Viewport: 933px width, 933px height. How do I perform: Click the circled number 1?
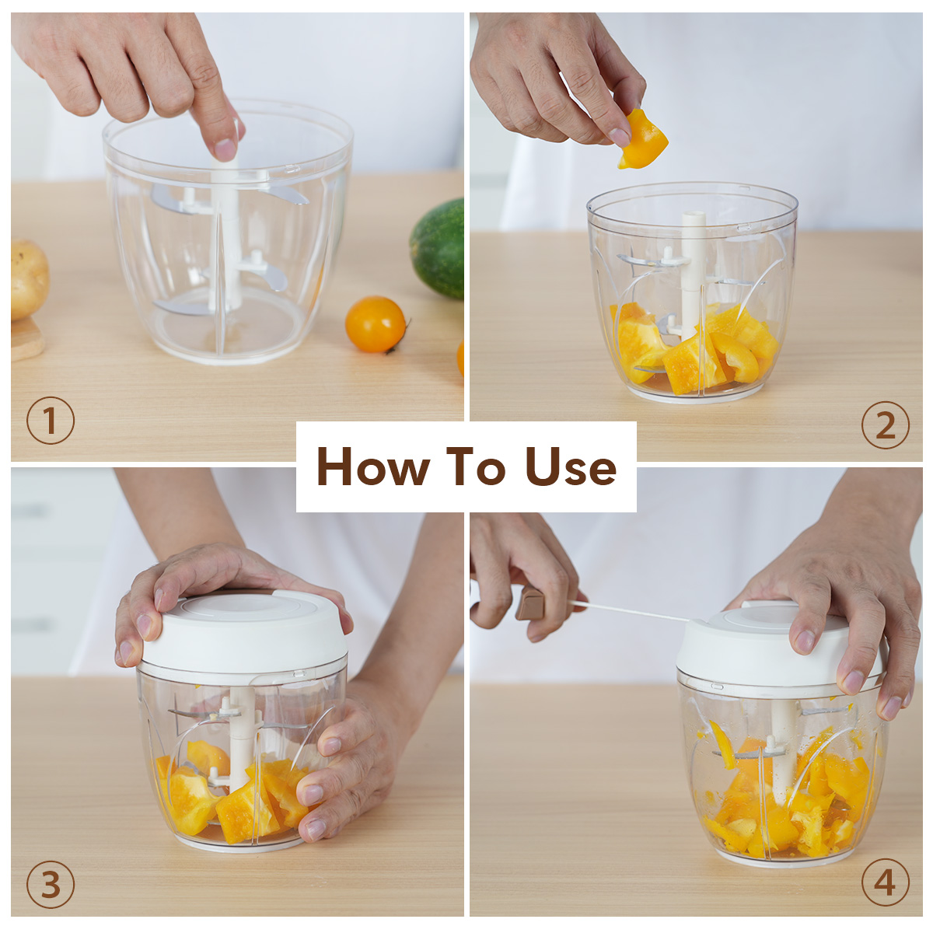(x=51, y=421)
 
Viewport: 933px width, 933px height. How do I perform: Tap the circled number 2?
(x=886, y=425)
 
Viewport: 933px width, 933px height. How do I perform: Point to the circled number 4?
(x=886, y=882)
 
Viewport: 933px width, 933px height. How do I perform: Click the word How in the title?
(x=373, y=466)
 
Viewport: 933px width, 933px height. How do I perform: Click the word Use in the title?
(x=571, y=466)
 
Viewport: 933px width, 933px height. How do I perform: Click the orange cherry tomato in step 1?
(x=376, y=324)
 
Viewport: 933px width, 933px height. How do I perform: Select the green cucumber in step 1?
(x=437, y=248)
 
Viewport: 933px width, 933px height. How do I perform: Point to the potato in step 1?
(x=29, y=280)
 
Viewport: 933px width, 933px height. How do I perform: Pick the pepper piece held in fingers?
(x=642, y=139)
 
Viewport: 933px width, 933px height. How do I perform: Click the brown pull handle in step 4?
(x=531, y=603)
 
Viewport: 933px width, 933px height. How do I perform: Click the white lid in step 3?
(x=244, y=631)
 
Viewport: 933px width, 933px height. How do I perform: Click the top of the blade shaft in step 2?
(x=694, y=215)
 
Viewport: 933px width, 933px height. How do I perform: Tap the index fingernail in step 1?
(x=225, y=149)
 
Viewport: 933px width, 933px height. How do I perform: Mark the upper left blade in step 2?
(x=648, y=260)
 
